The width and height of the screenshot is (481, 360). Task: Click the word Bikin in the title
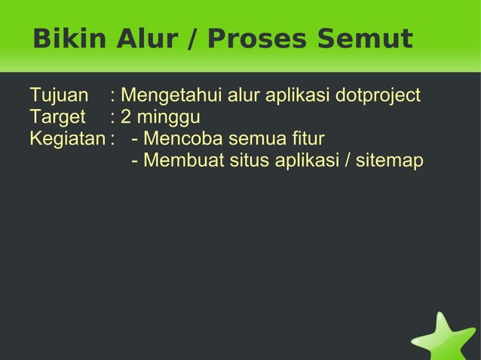(69, 38)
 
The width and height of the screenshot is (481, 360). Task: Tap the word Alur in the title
(150, 38)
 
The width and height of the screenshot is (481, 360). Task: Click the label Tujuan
(59, 96)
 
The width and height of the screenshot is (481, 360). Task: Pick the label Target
(57, 118)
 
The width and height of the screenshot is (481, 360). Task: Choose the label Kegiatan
(67, 139)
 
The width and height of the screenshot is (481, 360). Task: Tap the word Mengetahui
(170, 96)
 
